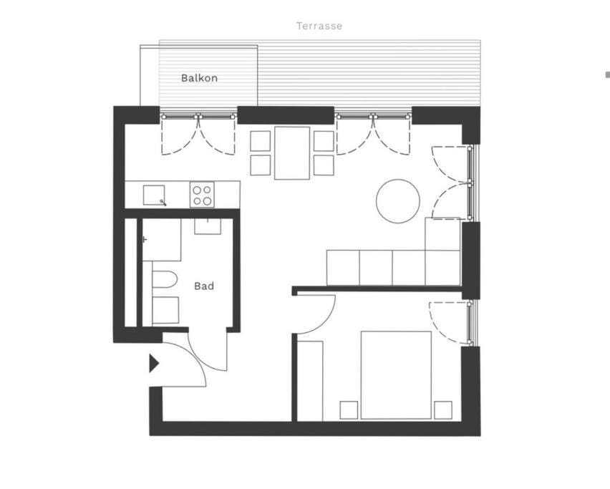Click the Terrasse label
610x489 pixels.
[319, 26]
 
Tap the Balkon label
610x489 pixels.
[199, 78]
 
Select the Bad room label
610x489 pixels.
[204, 286]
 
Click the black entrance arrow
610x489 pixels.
[154, 363]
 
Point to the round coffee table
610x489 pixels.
[398, 201]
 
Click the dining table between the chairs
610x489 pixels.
[292, 153]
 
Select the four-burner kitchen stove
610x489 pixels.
[202, 195]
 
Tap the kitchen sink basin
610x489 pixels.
[154, 195]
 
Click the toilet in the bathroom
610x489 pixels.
[165, 279]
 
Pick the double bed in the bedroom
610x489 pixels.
[396, 375]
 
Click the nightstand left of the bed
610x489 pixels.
[349, 410]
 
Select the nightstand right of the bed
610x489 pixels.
[443, 410]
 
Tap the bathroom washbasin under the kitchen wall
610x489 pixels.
[208, 226]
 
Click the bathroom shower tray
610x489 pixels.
[161, 240]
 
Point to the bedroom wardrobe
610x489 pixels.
[310, 381]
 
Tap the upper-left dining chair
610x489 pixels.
[261, 141]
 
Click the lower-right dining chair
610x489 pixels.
[324, 165]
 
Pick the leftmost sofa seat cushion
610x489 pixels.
[343, 268]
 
